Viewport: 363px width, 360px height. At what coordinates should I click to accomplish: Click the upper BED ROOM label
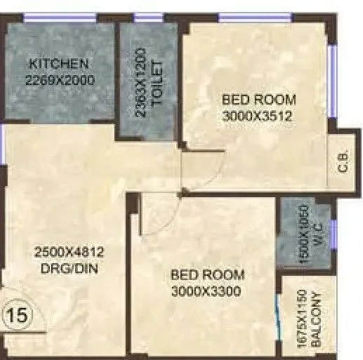coord(258,99)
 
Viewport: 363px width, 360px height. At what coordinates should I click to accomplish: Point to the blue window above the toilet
coord(148,19)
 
